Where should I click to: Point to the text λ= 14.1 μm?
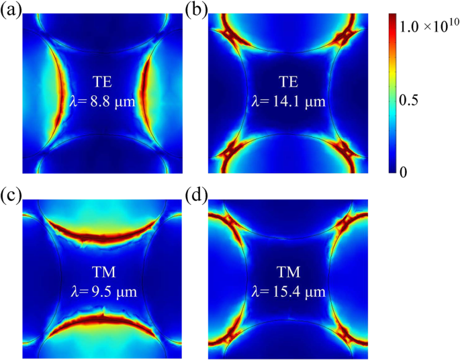(x=289, y=102)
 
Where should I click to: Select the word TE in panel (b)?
(x=289, y=83)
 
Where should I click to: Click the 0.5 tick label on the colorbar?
(x=416, y=100)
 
